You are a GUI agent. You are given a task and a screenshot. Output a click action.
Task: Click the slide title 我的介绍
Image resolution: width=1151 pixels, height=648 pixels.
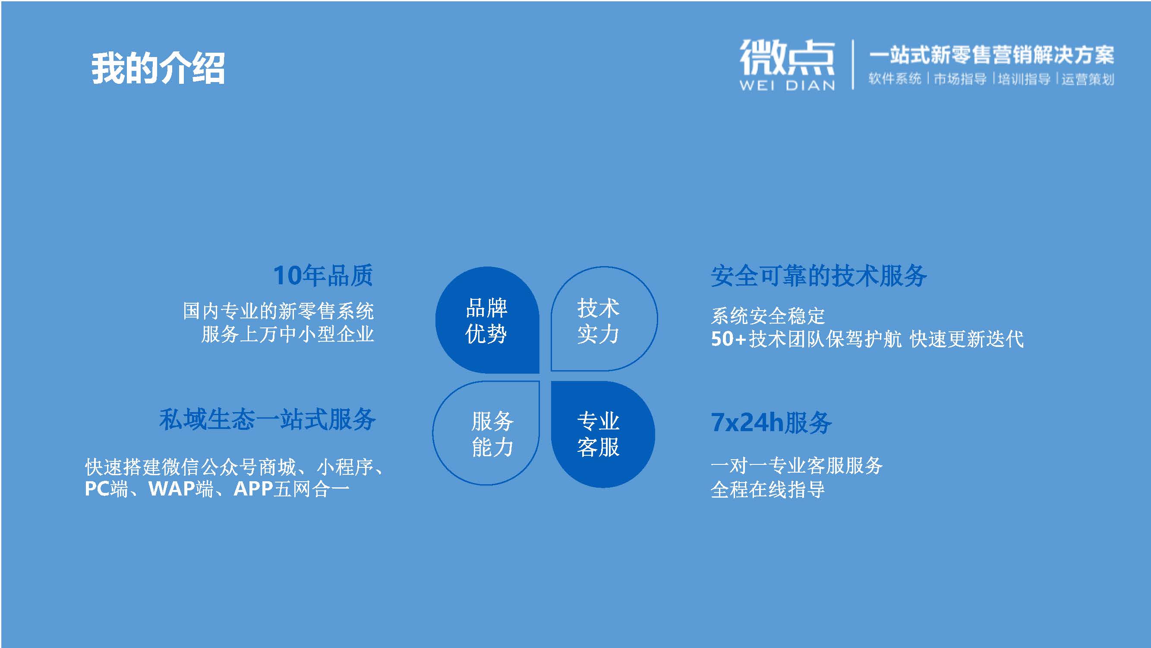[x=158, y=68]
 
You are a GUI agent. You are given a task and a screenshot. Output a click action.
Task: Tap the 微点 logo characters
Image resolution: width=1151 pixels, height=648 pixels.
[x=787, y=57]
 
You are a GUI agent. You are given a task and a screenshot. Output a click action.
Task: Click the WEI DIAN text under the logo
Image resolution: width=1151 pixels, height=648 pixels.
[x=787, y=86]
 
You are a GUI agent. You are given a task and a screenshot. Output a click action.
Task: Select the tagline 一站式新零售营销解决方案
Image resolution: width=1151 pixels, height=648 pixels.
[x=991, y=55]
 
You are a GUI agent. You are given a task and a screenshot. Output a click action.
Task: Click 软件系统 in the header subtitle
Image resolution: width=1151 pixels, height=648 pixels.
[x=895, y=79]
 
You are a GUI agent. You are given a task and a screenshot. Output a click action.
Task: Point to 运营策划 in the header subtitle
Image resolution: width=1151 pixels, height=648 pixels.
[x=1088, y=79]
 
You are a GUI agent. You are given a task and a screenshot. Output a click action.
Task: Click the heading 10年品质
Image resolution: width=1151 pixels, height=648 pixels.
[x=323, y=275]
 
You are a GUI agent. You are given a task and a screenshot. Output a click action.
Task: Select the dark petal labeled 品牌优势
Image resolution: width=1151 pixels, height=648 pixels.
[x=487, y=320]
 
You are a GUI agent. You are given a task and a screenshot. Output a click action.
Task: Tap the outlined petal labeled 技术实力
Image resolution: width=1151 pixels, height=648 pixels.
[x=604, y=319]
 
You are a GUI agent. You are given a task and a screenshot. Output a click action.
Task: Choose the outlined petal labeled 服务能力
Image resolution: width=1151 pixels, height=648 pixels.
[x=486, y=433]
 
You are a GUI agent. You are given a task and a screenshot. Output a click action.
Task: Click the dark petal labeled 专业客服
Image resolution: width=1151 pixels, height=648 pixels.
[x=603, y=434]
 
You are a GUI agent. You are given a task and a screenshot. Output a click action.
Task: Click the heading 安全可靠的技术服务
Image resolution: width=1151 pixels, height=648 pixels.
[x=819, y=276]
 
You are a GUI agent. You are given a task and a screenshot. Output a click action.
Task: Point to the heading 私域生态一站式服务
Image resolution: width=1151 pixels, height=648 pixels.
[x=268, y=419]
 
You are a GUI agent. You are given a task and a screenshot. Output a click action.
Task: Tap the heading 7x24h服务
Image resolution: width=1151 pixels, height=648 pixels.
[x=771, y=422]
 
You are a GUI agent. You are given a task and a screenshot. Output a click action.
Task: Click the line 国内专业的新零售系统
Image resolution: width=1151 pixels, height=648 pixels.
[x=278, y=311]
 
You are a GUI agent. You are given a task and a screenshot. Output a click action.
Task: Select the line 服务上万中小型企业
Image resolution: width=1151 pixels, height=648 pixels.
[x=288, y=334]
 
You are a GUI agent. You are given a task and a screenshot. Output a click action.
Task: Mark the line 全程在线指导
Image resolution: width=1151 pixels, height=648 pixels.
[x=768, y=489]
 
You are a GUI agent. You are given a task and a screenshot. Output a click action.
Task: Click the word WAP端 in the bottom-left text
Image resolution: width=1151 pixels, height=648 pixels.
[x=181, y=489]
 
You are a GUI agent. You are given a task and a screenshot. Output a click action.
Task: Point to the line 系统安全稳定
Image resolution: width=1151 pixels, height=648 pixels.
[x=768, y=316]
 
